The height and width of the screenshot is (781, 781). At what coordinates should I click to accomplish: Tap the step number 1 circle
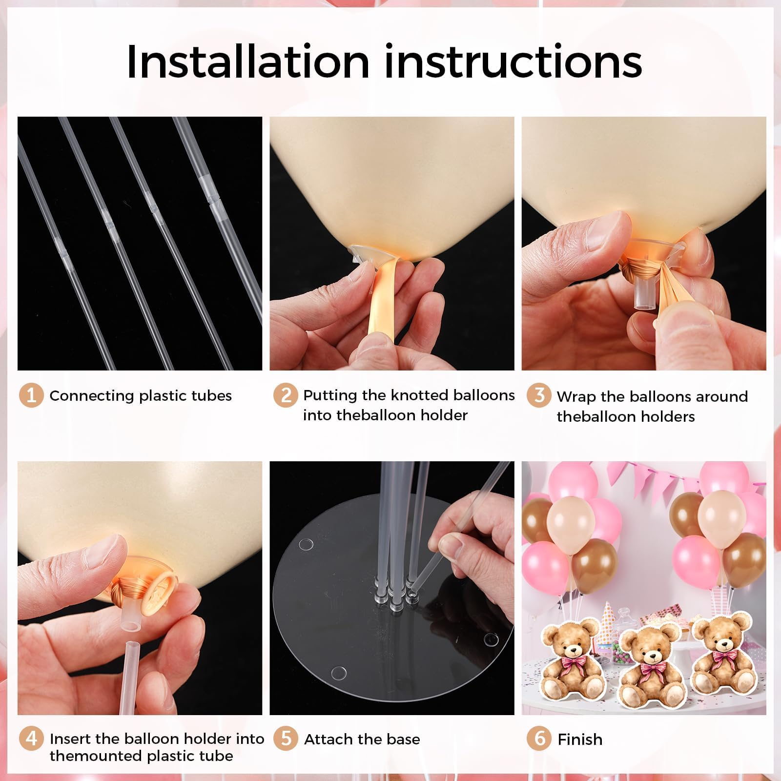[x=31, y=395]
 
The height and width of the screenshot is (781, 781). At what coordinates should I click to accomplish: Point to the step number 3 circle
[x=539, y=395]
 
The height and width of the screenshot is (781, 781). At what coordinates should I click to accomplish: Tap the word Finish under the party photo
[x=580, y=740]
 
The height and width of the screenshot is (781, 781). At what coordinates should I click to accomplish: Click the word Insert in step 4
[x=71, y=739]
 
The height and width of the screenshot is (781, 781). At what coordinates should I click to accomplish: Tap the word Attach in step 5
[x=328, y=740]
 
